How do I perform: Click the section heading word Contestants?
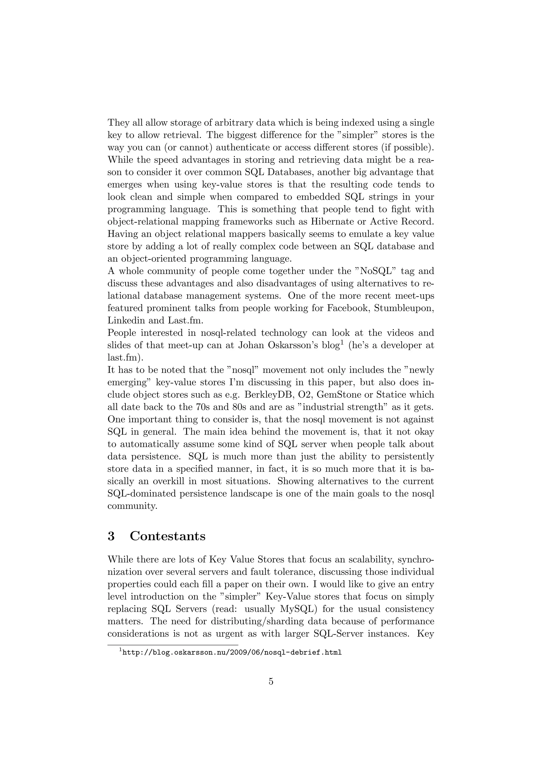168,536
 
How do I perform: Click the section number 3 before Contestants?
111,536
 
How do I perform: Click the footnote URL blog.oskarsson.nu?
232,652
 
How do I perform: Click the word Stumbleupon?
404,308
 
